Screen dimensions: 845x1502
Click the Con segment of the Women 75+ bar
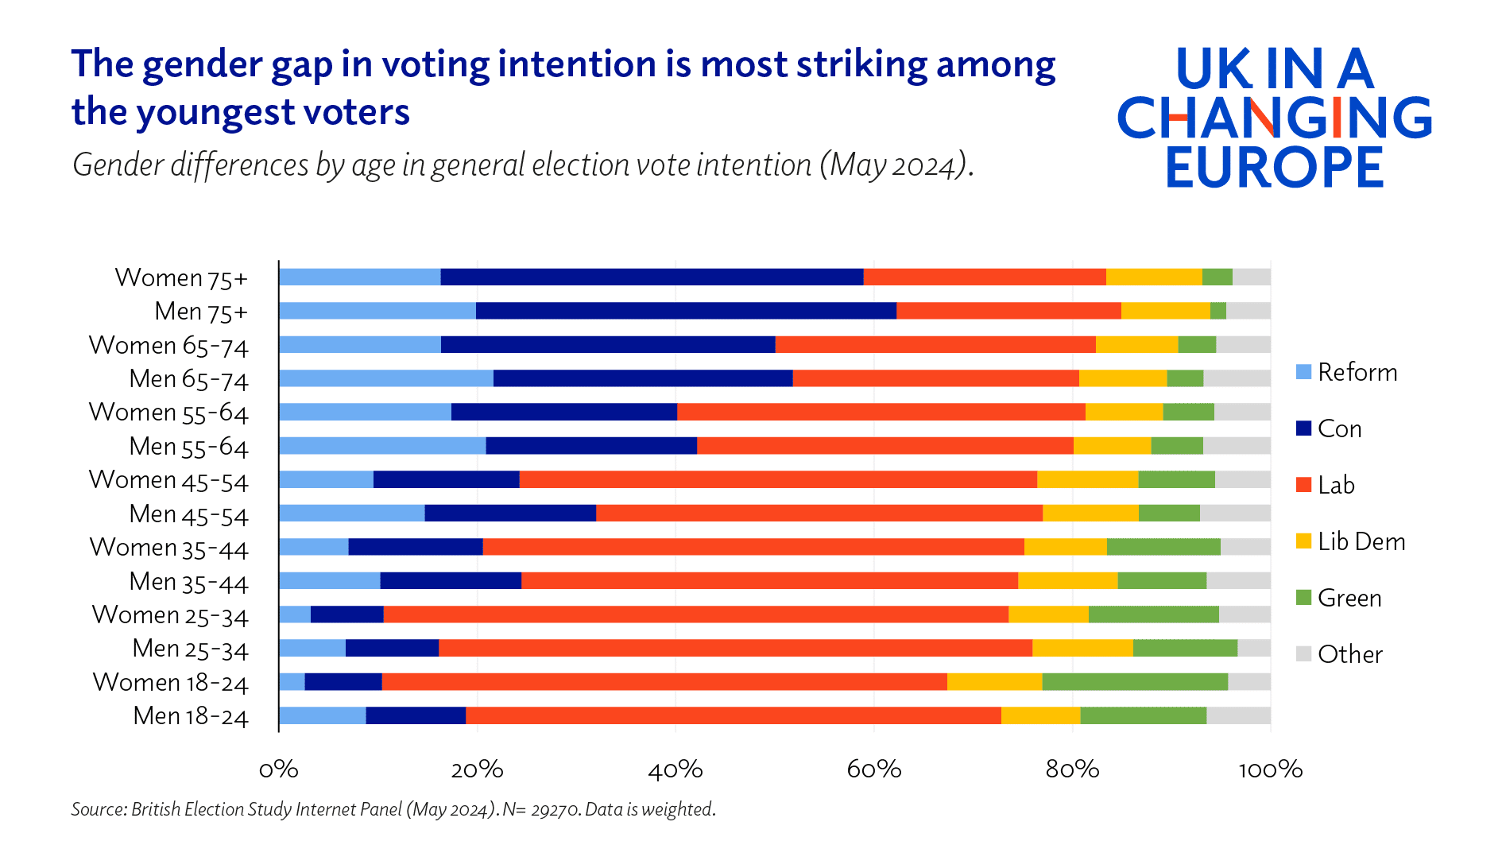pos(652,277)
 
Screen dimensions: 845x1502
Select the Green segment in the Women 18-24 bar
pos(1135,682)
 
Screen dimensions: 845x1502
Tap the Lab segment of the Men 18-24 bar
pos(733,715)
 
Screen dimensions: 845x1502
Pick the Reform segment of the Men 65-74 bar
pos(385,378)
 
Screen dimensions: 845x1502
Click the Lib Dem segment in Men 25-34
pos(1082,648)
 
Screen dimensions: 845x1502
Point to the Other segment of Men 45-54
pos(1235,513)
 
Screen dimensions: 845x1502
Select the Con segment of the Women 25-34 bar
pos(346,614)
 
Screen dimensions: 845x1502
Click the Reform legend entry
pos(1356,372)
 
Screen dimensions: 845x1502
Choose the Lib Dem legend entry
pos(1361,541)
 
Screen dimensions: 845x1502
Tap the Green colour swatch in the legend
pos(1303,598)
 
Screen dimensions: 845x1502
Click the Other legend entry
pos(1349,654)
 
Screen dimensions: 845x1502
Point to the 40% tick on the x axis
pos(676,769)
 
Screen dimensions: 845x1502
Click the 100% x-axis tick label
pos(1270,769)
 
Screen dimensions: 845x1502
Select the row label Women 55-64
pos(168,413)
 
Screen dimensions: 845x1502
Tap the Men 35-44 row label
pos(188,582)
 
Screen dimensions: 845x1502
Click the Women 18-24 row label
pos(170,683)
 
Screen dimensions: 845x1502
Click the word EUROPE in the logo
pos(1275,167)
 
